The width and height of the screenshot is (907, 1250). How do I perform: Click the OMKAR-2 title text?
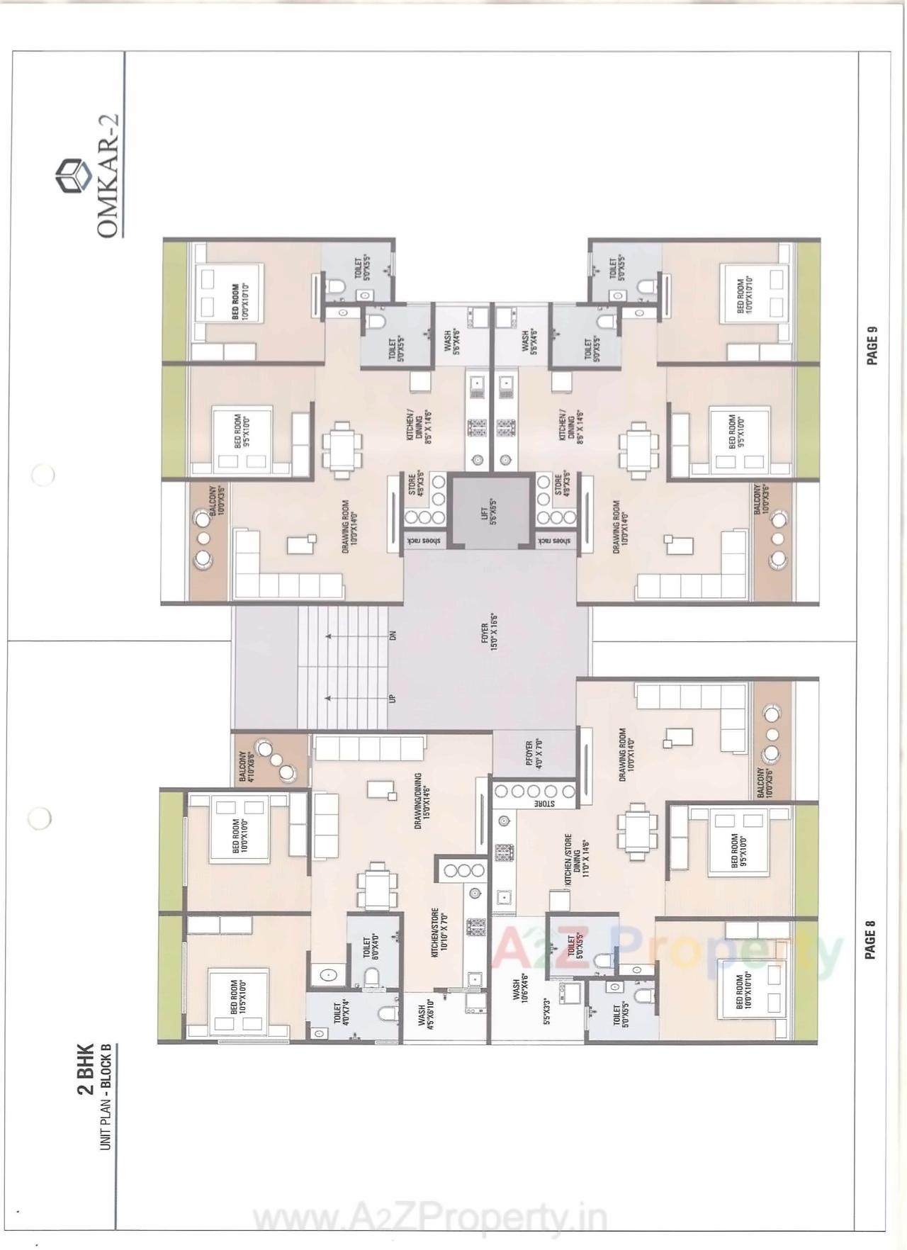pos(108,176)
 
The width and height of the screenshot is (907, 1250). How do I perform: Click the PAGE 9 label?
pos(872,346)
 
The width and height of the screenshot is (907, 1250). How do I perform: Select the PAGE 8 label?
pos(871,940)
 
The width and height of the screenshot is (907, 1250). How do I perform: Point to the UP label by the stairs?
pos(392,698)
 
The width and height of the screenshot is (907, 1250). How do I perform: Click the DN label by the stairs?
pos(392,636)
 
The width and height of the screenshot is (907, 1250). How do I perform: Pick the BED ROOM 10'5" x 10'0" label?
pos(239,998)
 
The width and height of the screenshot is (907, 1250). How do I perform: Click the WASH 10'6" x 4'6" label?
pos(521,986)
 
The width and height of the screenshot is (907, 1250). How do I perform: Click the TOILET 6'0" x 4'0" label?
pos(371,947)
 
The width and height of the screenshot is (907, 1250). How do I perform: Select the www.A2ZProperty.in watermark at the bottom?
pos(430,1219)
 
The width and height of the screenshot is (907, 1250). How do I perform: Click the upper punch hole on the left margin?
pos(43,474)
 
